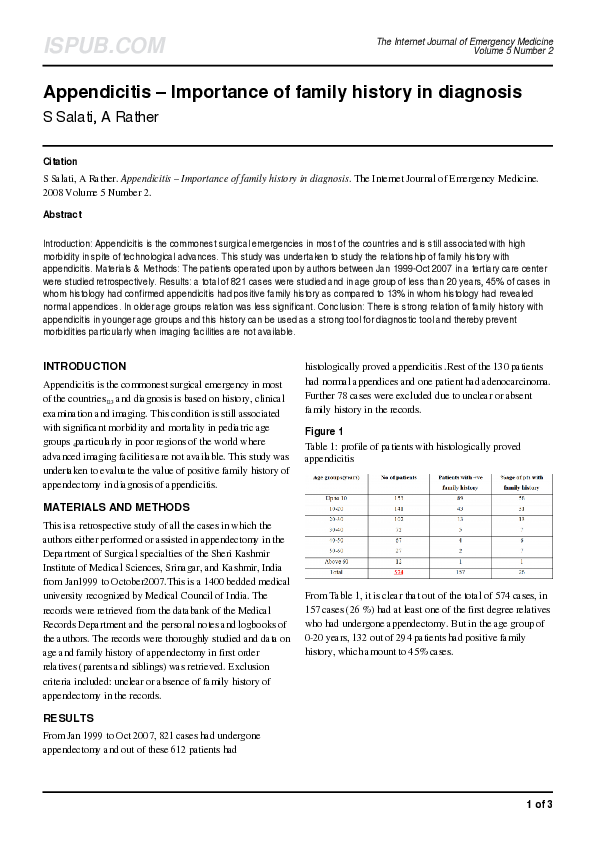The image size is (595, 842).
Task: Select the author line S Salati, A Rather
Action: pos(101,117)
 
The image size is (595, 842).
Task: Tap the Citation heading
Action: pos(60,161)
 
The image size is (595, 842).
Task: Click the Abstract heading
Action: pos(63,214)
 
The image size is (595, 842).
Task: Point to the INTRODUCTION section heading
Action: pos(85,366)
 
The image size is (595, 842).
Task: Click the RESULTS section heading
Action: pos(69,718)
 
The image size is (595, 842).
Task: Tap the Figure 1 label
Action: pos(326,431)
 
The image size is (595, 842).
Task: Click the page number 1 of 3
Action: pos(539,804)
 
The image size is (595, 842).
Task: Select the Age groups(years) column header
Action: pos(335,477)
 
